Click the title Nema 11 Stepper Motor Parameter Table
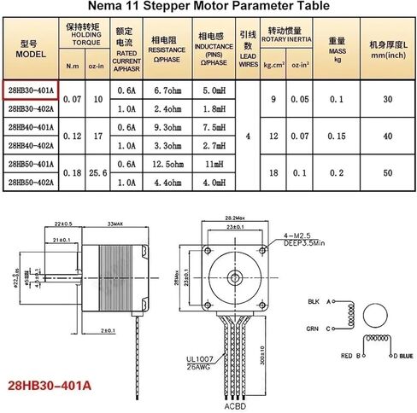(x=208, y=8)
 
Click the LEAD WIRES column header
(x=248, y=49)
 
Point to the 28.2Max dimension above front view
(x=233, y=218)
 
